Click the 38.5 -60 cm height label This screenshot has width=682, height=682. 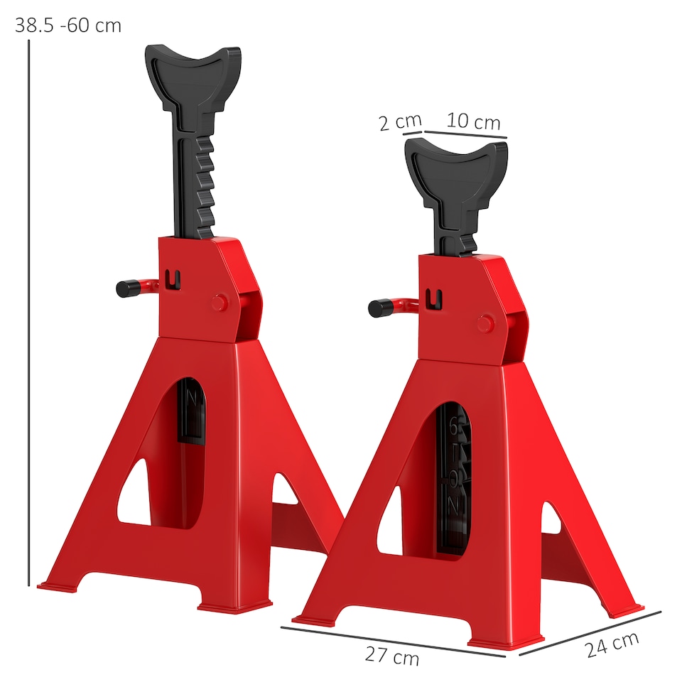pyautogui.click(x=68, y=26)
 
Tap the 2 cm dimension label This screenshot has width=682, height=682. pyautogui.click(x=400, y=123)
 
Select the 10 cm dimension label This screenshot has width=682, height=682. pyautogui.click(x=473, y=121)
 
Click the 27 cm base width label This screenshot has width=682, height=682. pyautogui.click(x=392, y=656)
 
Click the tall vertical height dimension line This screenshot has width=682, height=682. pyautogui.click(x=28, y=313)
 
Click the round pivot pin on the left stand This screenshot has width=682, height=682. pyautogui.click(x=220, y=302)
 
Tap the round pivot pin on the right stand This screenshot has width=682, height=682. pyautogui.click(x=485, y=324)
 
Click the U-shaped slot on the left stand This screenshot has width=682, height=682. pyautogui.click(x=171, y=279)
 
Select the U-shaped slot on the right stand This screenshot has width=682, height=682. pyautogui.click(x=434, y=299)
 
